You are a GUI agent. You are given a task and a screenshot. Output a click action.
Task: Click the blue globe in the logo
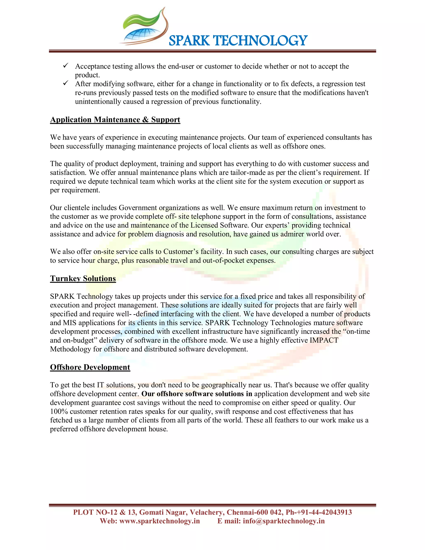tap(140, 35)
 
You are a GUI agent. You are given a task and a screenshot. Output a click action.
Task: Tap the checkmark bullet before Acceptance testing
tap(66, 66)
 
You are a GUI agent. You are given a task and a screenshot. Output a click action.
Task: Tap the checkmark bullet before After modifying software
tap(66, 83)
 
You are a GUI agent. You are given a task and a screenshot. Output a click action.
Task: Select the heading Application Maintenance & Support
tap(115, 120)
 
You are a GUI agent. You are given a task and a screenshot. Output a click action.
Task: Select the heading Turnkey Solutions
tap(83, 279)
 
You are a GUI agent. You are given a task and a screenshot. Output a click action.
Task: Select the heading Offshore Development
tap(90, 367)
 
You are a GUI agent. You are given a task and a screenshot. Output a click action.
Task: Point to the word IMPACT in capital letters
tap(324, 340)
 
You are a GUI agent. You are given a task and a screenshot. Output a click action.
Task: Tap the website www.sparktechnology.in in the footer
tap(159, 521)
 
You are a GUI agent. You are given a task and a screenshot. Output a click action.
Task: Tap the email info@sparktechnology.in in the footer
tap(283, 521)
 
